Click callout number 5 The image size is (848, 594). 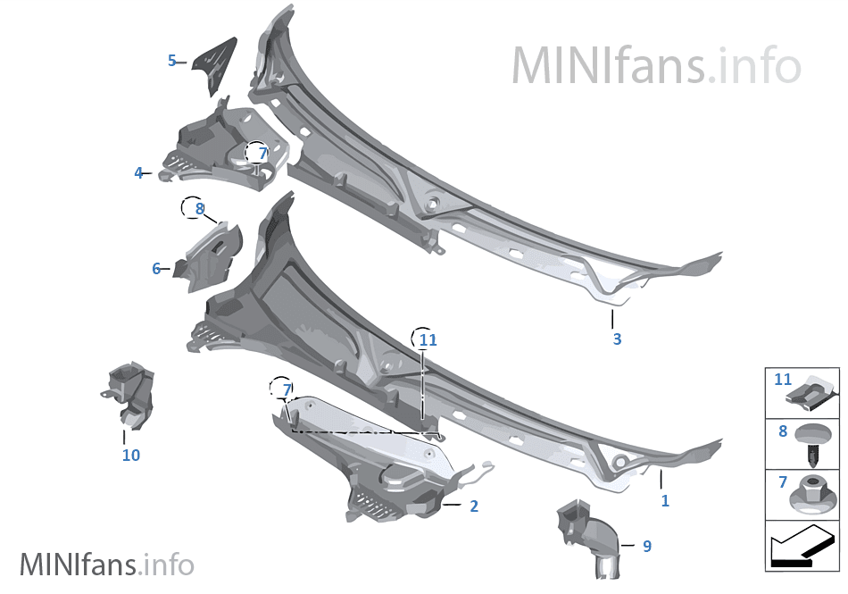[172, 61]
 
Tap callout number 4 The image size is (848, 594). [138, 172]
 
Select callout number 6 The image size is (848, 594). [156, 268]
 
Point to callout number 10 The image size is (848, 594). [131, 455]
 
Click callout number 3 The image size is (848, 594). [617, 339]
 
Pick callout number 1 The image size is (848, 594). [665, 501]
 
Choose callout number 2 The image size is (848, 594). [474, 506]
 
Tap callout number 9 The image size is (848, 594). [647, 546]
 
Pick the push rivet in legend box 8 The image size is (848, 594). [814, 445]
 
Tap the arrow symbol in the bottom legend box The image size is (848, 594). [801, 547]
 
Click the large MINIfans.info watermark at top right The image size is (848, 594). [656, 65]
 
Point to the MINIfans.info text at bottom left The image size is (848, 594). [106, 565]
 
